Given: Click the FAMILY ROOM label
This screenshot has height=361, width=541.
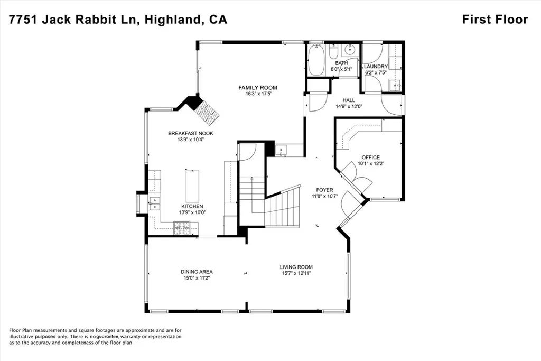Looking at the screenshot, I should [x=257, y=88].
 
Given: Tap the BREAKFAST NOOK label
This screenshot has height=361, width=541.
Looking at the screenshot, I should [x=191, y=133].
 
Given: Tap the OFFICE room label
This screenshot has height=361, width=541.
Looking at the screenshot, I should [x=370, y=158].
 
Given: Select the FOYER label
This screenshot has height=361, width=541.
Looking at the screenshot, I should [x=324, y=190].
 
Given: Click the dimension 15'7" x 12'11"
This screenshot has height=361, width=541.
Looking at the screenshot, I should [x=296, y=273].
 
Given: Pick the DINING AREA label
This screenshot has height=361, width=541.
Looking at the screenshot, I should [x=196, y=272].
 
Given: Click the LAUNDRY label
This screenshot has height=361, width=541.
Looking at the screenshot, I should [x=376, y=67].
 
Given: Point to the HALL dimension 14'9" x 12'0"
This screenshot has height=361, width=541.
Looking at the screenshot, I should [x=349, y=106].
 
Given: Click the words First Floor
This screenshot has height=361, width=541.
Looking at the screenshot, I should [x=495, y=20].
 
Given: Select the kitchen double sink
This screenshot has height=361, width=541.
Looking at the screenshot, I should [x=154, y=203].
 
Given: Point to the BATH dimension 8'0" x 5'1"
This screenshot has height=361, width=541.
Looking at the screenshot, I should [x=341, y=69].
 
